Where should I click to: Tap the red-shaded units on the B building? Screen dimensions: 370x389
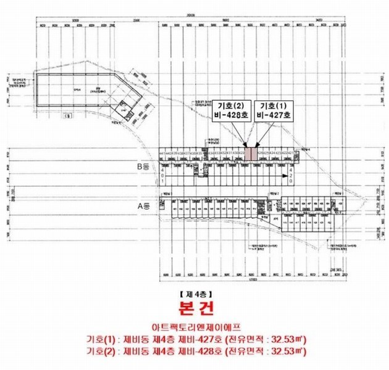(251, 153)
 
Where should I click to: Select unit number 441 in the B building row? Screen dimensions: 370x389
(162, 152)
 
